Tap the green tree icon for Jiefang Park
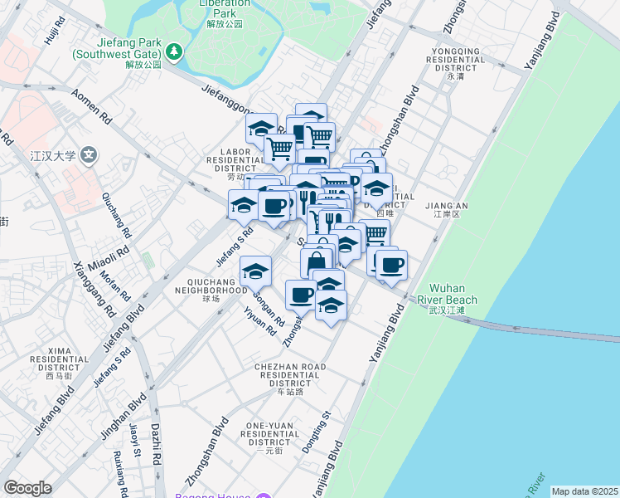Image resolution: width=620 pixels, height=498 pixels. (174, 53)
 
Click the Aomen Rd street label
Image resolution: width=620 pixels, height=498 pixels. (91, 107)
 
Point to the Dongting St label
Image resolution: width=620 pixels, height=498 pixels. (317, 432)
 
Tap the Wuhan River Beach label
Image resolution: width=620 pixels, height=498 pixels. (453, 294)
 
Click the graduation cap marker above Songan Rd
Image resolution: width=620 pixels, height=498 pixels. (256, 271)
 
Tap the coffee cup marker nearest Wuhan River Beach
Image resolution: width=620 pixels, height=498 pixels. (391, 265)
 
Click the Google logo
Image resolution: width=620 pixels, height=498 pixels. (27, 488)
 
